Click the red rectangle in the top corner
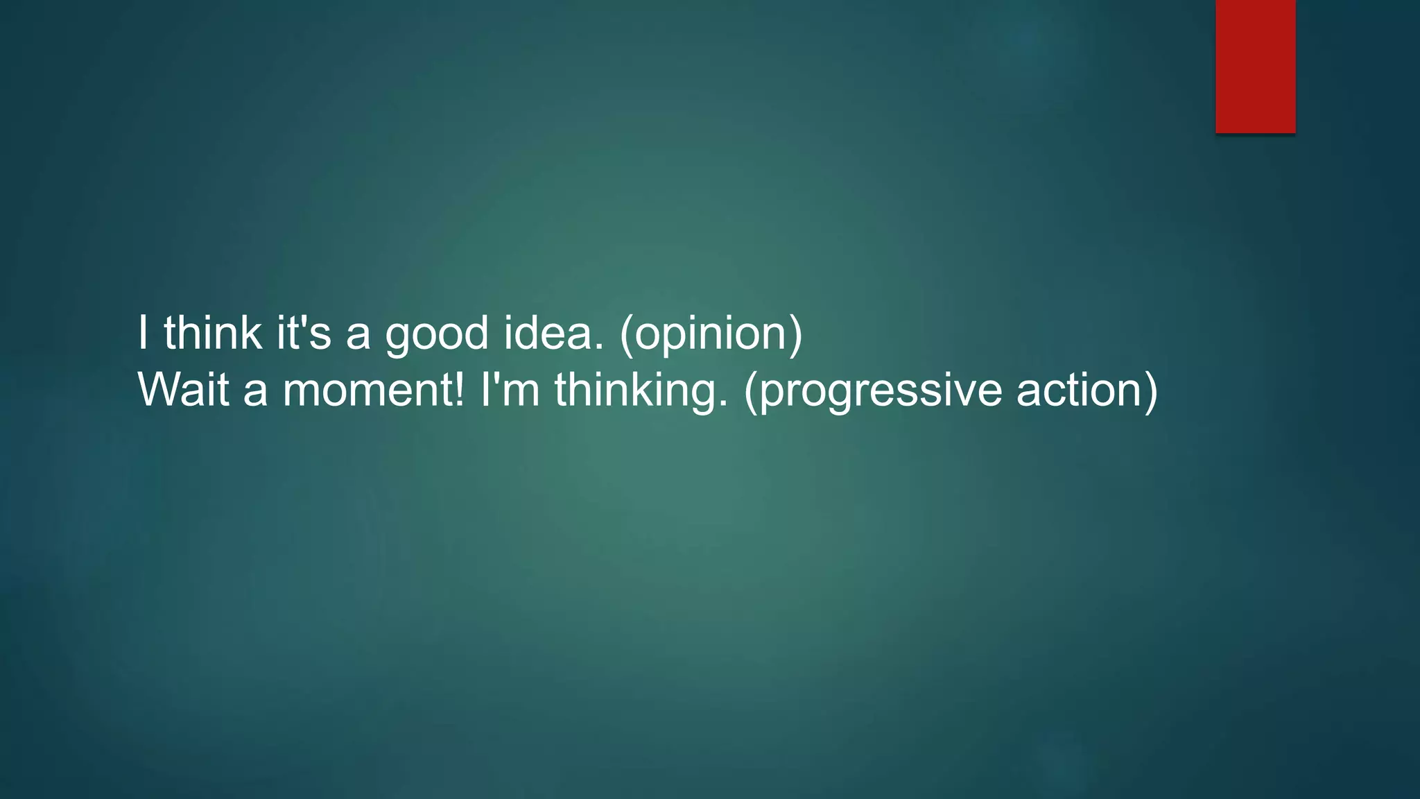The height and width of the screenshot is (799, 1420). point(1255,66)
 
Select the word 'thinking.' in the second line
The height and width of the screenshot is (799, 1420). point(641,390)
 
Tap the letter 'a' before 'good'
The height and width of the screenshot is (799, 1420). point(358,336)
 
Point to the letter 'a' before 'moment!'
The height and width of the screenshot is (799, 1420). point(255,393)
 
